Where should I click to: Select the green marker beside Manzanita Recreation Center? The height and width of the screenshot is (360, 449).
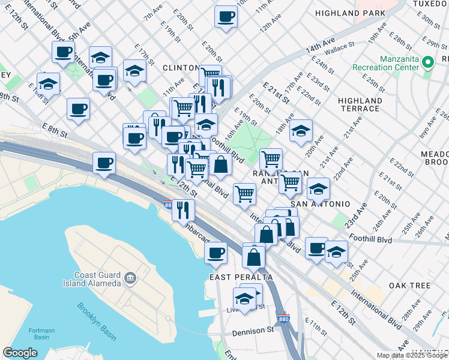tap(428, 62)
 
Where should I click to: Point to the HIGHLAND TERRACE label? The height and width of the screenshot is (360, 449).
tap(360, 104)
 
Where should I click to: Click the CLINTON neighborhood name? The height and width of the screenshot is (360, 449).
tap(181, 68)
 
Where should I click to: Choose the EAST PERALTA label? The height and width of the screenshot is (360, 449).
tap(241, 277)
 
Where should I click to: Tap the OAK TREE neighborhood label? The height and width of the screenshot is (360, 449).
tap(409, 286)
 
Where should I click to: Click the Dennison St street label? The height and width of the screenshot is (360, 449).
tap(254, 330)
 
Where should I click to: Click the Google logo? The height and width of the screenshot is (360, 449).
tap(20, 353)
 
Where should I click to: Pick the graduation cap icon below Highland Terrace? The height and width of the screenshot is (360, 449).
tap(301, 130)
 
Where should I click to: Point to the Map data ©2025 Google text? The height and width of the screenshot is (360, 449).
tap(412, 355)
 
